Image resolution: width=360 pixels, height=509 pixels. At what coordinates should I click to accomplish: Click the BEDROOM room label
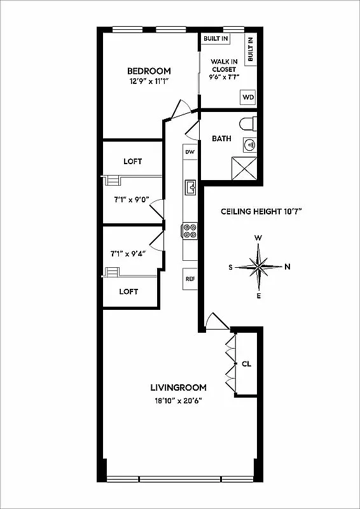coord(149,71)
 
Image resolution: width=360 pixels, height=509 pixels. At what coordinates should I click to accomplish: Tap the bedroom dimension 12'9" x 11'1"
coord(149,81)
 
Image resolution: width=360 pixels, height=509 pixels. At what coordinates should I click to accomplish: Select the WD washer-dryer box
coord(247,97)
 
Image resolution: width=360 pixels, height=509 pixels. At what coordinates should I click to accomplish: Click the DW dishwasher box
coord(190,152)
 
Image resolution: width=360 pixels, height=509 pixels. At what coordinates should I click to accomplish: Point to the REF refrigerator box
coord(190,279)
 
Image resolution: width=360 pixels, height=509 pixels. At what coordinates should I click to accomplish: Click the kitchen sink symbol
coord(190,187)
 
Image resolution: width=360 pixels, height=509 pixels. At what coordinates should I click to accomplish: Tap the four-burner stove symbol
coord(190,230)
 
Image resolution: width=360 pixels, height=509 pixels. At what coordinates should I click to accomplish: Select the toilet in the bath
coord(249,123)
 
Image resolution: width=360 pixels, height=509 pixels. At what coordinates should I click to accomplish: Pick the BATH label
coord(221,138)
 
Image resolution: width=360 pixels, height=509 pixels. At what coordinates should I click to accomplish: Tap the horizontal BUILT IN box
coord(216,39)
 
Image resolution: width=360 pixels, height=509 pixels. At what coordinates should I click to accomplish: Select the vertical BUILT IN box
coord(250,49)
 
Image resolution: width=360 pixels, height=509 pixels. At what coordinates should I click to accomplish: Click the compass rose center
coord(259,267)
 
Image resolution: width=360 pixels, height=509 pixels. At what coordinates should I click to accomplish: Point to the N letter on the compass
coord(287,267)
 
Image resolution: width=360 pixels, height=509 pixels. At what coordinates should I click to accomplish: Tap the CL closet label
coord(247,365)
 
